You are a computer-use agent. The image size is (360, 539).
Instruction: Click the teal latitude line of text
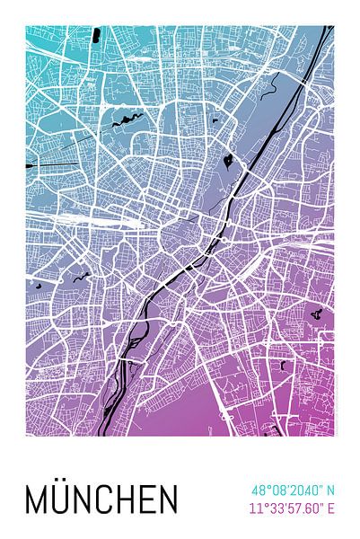point(293,490)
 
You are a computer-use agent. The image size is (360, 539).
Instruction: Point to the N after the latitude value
point(330,490)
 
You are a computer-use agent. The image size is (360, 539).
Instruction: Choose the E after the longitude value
point(331,509)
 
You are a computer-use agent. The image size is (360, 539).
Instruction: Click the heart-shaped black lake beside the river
point(229,162)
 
